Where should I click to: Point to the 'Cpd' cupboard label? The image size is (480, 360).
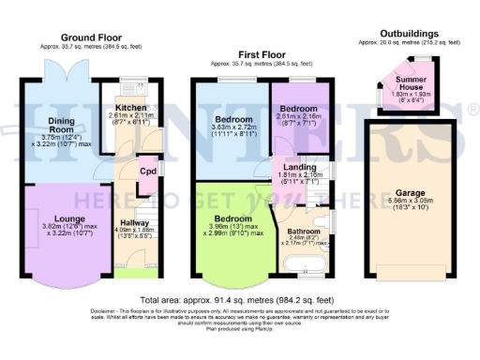click(147, 172)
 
